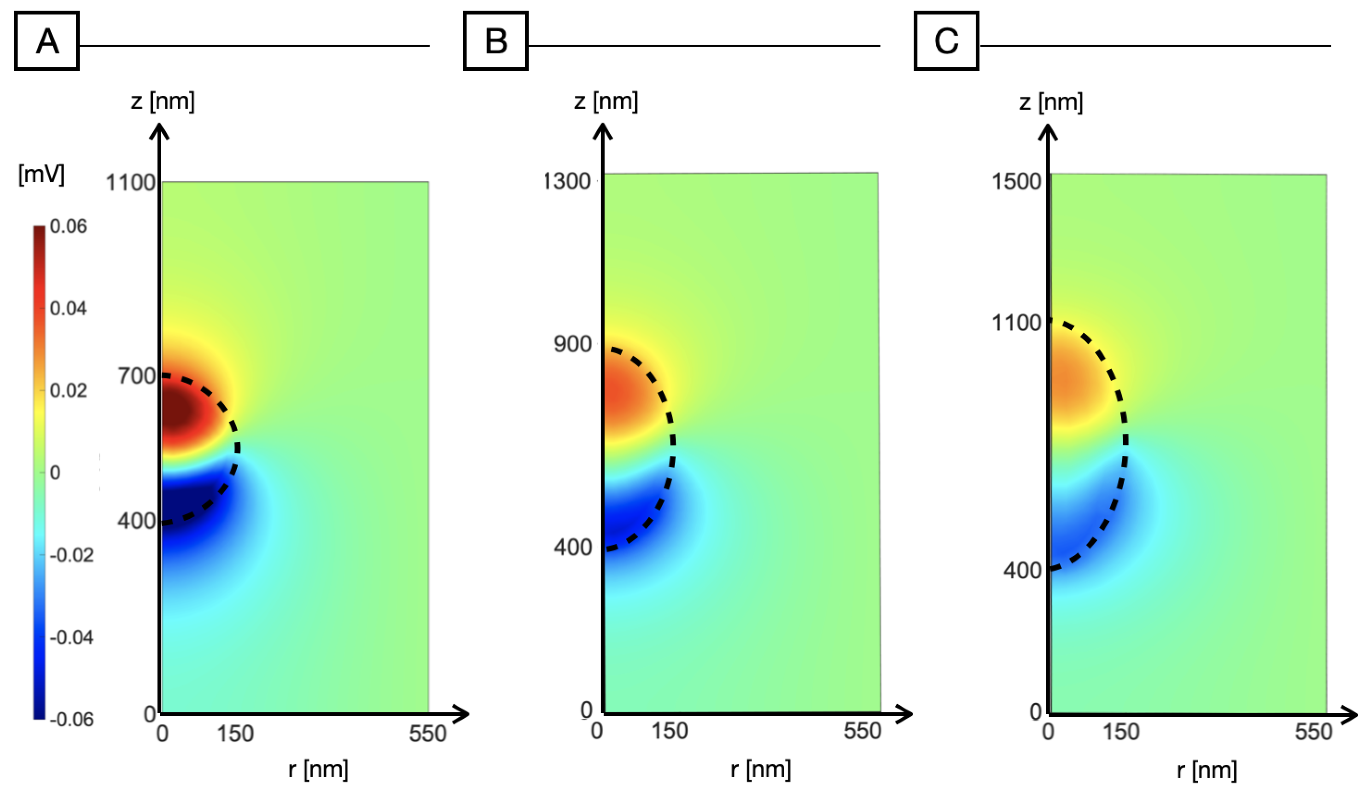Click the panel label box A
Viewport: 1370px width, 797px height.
coord(47,41)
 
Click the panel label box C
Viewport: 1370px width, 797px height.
coord(946,41)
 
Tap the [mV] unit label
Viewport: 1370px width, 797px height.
coord(41,175)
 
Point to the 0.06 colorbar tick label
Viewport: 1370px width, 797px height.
coord(69,226)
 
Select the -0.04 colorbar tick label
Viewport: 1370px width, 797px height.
coord(71,637)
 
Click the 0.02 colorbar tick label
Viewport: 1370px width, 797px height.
coord(69,390)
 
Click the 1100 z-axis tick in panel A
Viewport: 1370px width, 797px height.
coord(130,183)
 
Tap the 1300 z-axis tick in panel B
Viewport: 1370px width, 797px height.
coord(567,181)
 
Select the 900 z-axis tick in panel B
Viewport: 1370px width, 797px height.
coord(572,344)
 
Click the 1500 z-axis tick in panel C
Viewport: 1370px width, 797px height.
coord(1016,181)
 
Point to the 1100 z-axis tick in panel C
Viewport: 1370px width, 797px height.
coord(1016,323)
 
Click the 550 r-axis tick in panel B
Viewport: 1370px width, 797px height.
coord(862,731)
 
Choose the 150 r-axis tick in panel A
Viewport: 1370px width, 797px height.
coord(235,733)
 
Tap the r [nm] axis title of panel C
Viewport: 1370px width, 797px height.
coord(1207,770)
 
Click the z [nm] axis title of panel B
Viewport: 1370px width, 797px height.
coord(606,101)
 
